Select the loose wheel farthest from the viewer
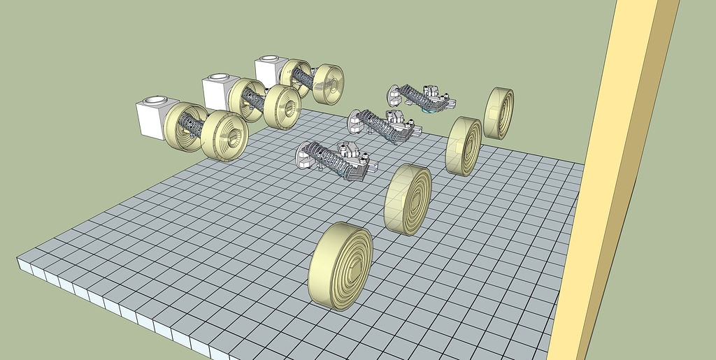coord(499,113)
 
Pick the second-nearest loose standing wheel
coord(408,199)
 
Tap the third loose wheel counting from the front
coord(464,145)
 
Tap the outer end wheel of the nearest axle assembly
coord(225,136)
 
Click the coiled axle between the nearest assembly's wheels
coord(192,127)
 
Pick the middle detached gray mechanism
coord(385,125)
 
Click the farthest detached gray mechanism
coord(423,99)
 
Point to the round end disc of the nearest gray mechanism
coord(304,156)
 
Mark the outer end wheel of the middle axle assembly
coord(283,108)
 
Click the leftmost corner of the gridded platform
coord(18,259)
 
